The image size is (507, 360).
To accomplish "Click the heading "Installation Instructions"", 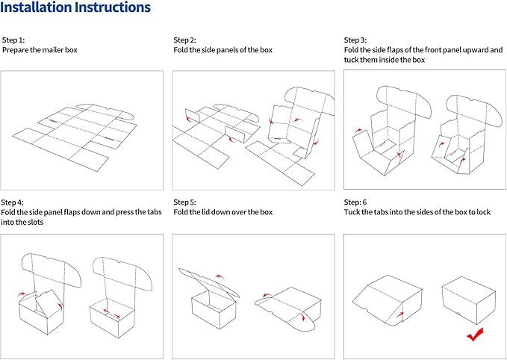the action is [x=75, y=7].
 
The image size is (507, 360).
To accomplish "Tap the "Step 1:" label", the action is [x=13, y=40].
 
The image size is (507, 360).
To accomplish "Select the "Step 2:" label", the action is [x=184, y=40].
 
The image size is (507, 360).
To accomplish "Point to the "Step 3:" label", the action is [x=355, y=40].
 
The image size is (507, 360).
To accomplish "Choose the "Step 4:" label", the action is [x=12, y=202].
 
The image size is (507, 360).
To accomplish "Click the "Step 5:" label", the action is [x=184, y=202].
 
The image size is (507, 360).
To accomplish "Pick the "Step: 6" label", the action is [x=355, y=202].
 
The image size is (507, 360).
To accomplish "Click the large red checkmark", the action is [x=475, y=335].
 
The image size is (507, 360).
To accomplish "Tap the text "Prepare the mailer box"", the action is [x=40, y=50].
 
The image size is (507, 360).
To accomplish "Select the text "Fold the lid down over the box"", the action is [x=223, y=212].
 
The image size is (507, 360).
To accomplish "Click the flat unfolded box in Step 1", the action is [x=75, y=137].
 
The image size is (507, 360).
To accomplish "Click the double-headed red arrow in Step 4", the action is [x=112, y=313].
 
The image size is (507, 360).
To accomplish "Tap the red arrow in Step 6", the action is [x=400, y=314].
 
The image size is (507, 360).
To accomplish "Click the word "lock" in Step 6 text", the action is [x=483, y=212].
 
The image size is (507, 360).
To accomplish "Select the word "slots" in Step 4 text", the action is [x=36, y=223].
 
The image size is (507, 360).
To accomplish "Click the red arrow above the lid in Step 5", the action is [x=220, y=277].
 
